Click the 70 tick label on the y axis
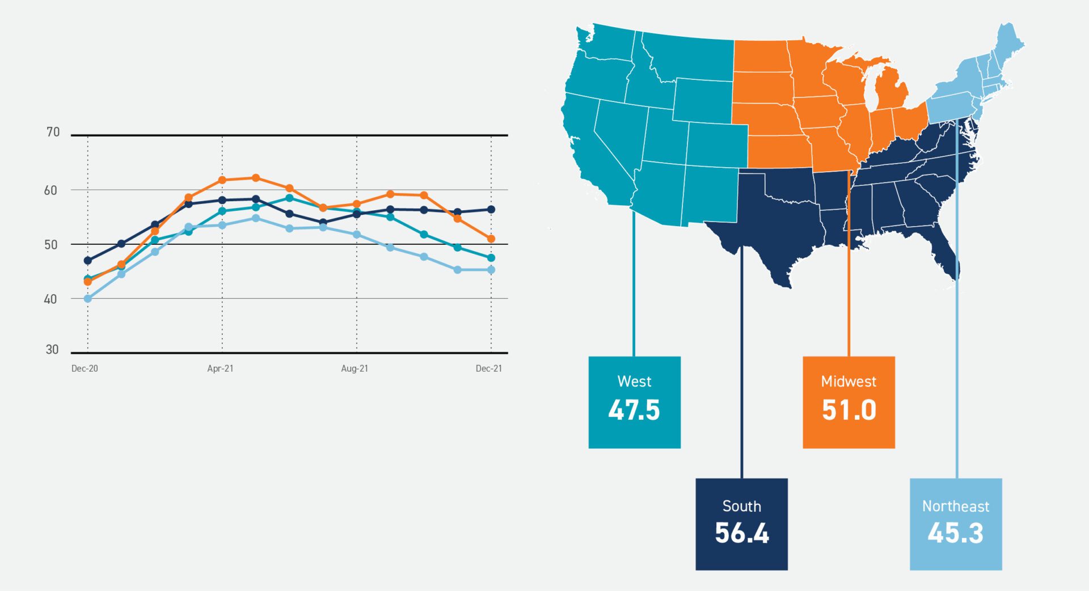tap(53, 132)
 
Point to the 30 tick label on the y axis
tap(52, 350)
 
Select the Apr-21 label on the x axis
tap(220, 368)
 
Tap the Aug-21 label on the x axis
tap(354, 368)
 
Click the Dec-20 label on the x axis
tap(85, 368)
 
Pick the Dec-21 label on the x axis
tap(488, 368)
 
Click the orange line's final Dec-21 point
tap(491, 239)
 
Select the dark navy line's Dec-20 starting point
tap(87, 261)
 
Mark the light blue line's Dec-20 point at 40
tap(87, 299)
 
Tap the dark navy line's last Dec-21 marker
tap(491, 210)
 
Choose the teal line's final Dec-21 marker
tap(491, 258)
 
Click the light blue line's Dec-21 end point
tap(491, 270)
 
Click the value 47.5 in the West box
tap(634, 410)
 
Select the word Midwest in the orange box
tap(849, 381)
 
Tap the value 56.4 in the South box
tap(742, 533)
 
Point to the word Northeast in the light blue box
tap(956, 506)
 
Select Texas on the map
tap(771, 227)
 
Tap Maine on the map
tap(1010, 42)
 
